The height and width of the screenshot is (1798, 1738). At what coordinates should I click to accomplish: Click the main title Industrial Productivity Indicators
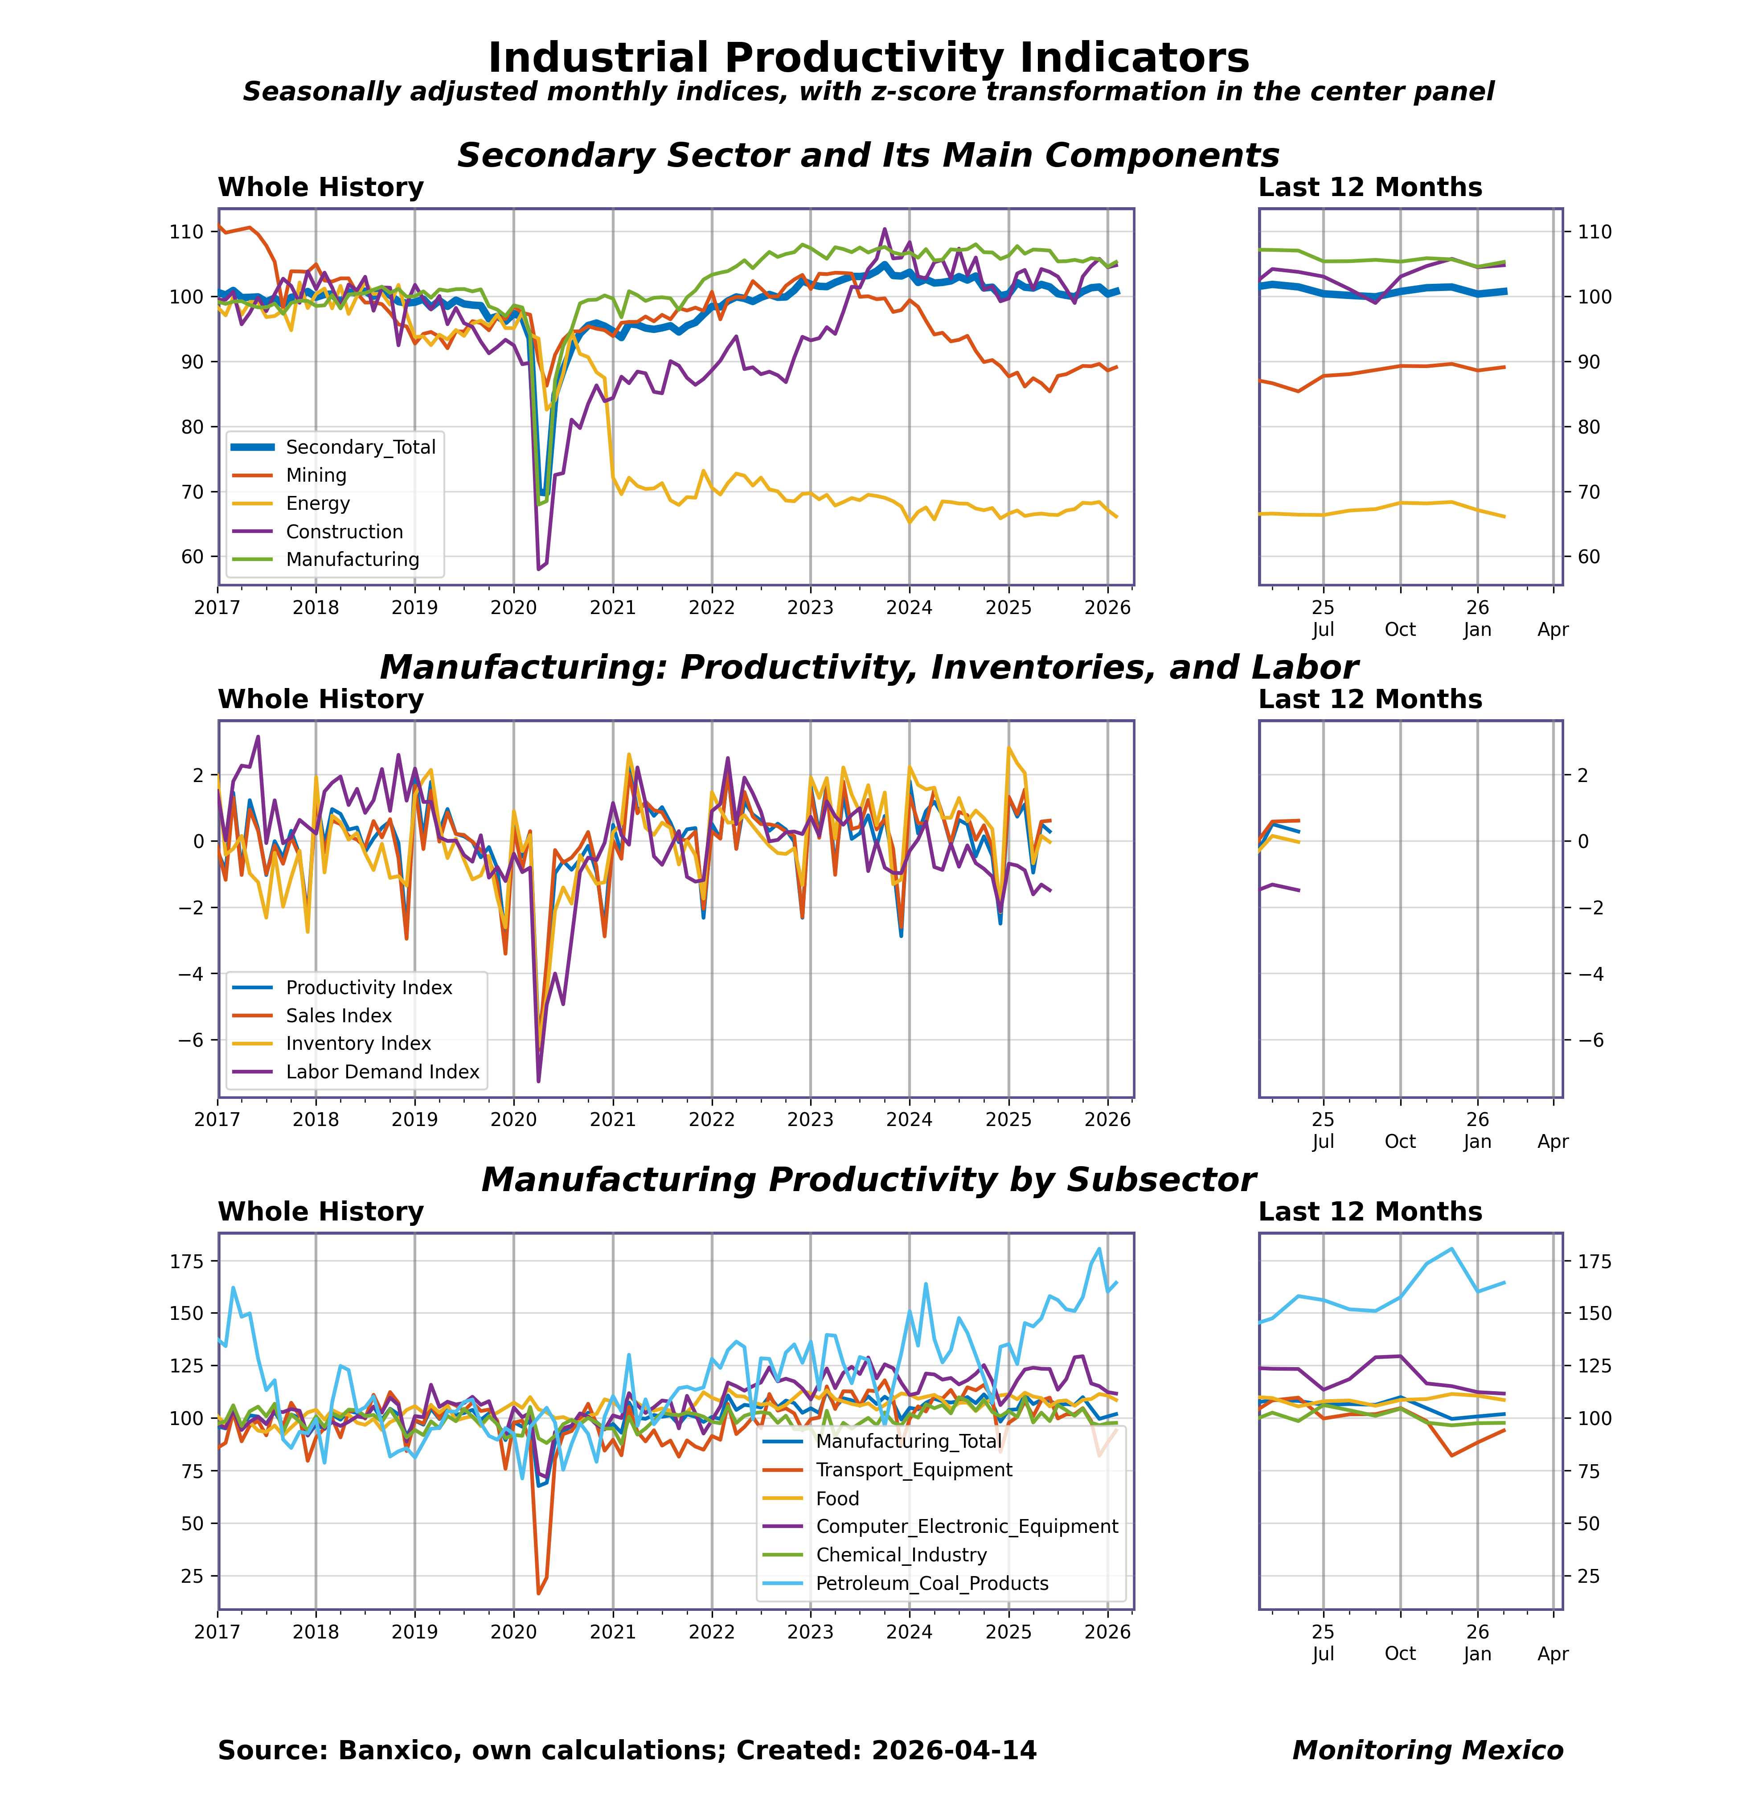click(868, 58)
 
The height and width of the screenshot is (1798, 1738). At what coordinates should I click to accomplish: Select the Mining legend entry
click(316, 475)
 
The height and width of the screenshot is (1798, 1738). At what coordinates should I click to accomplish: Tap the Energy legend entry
click(317, 504)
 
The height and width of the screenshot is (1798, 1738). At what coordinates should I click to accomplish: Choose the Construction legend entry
click(344, 532)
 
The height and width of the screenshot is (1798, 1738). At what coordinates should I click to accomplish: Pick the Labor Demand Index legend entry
click(382, 1072)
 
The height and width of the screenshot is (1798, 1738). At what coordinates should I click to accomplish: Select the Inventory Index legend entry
click(358, 1044)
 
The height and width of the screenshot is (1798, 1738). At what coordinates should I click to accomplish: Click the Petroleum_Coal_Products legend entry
click(931, 1583)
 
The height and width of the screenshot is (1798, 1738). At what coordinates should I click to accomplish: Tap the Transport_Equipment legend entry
click(913, 1470)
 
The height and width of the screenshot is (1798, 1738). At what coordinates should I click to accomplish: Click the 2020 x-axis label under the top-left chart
click(513, 607)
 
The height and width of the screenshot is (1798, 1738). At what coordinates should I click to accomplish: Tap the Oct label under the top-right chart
click(1400, 629)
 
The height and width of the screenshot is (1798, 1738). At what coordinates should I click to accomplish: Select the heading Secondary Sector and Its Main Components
click(868, 155)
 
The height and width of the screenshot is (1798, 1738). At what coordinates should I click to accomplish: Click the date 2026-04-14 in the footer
click(953, 1750)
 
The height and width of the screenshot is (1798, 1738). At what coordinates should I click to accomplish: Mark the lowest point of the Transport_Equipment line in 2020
click(539, 1593)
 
